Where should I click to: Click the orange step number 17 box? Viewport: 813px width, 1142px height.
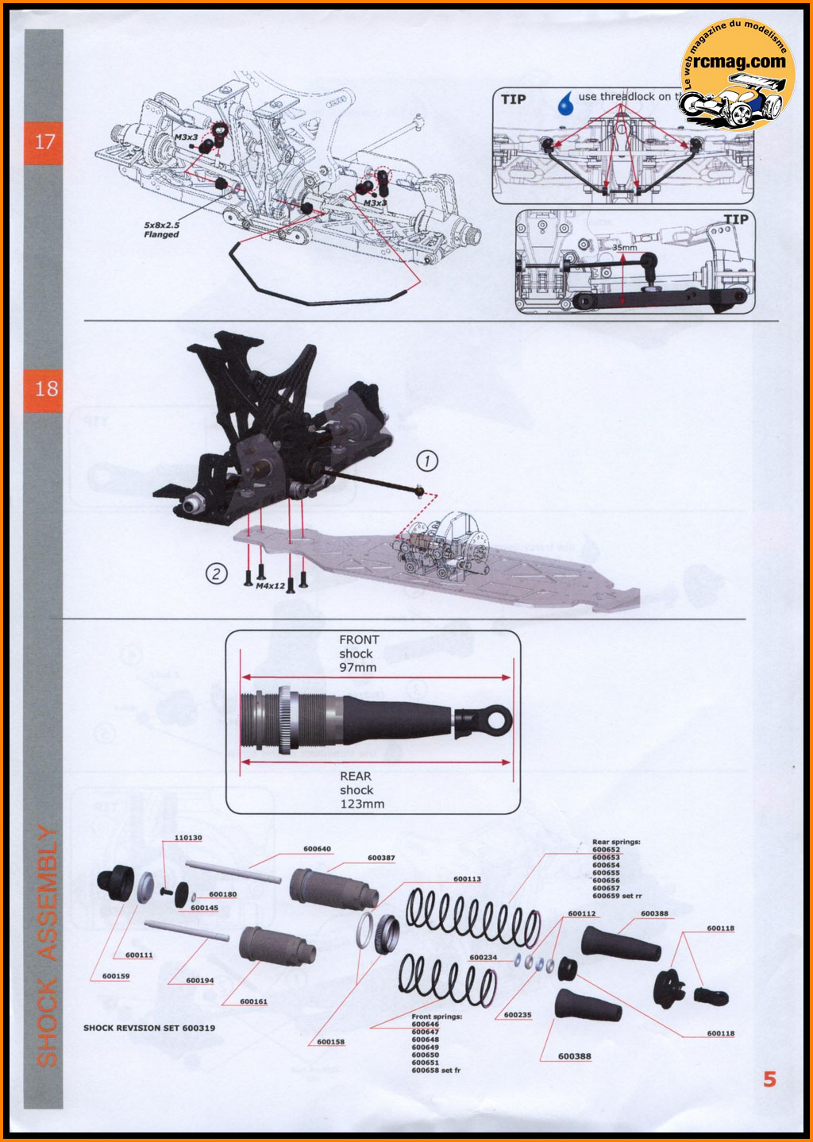click(x=44, y=143)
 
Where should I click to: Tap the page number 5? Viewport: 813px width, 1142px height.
click(x=769, y=1078)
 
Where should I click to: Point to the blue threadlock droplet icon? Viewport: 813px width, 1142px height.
click(x=565, y=102)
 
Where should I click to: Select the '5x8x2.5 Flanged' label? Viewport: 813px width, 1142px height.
click(x=162, y=230)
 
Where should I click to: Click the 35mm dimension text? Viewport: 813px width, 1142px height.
click(x=624, y=248)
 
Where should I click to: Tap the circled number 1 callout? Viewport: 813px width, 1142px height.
click(x=427, y=461)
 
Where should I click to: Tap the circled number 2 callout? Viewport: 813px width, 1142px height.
click(x=216, y=573)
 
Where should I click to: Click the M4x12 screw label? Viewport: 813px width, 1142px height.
click(x=270, y=586)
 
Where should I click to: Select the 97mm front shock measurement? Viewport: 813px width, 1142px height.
click(x=359, y=668)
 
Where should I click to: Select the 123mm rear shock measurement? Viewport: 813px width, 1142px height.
click(x=362, y=804)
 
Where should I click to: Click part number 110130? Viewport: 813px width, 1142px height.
click(x=188, y=838)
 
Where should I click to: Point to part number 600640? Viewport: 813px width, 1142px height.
click(x=317, y=849)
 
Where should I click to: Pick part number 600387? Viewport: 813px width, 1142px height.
click(x=381, y=858)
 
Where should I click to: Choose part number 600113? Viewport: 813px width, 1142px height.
click(x=467, y=879)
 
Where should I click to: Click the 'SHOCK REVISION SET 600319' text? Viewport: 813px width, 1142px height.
click(x=149, y=1028)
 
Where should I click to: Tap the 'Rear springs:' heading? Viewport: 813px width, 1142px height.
click(x=616, y=842)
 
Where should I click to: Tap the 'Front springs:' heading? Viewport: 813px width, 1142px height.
click(x=437, y=1017)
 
